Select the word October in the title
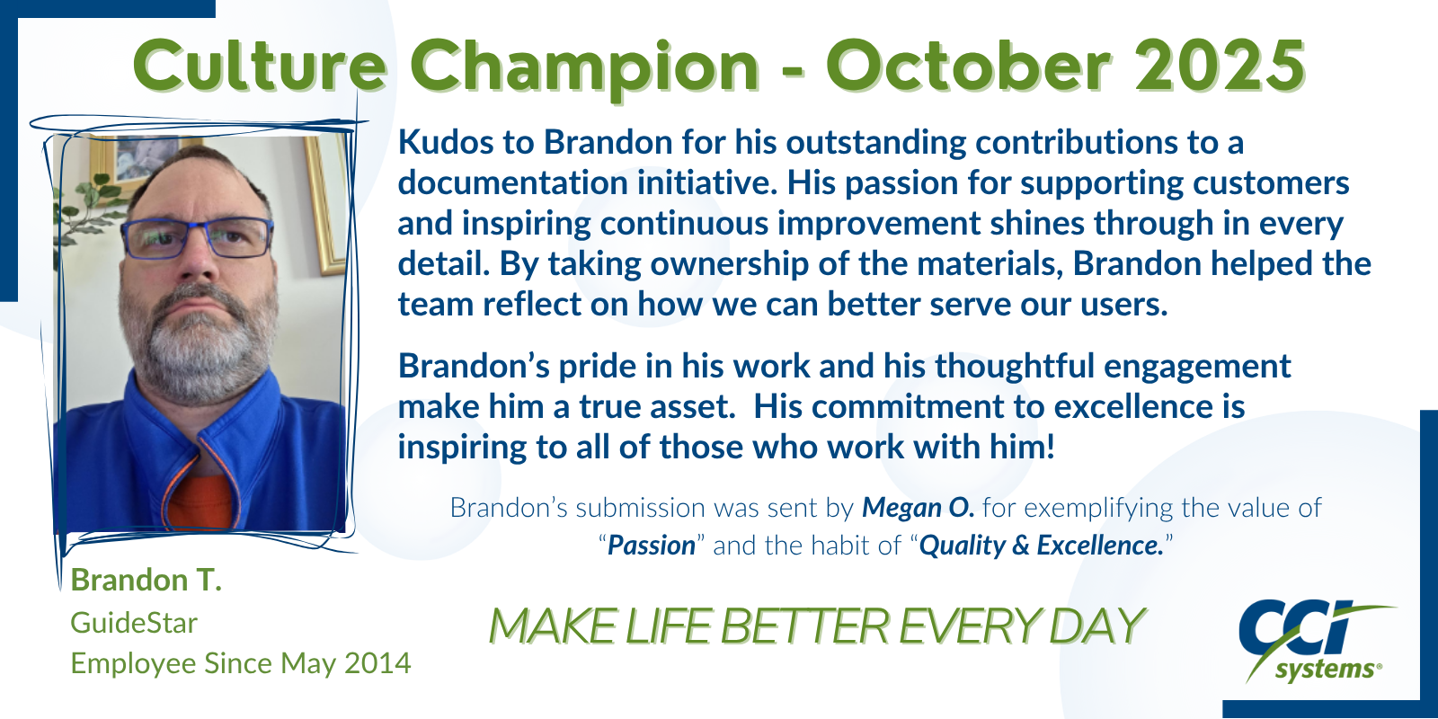[969, 65]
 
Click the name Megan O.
[918, 508]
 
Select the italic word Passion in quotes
[651, 546]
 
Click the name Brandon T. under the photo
[146, 580]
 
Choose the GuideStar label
[134, 623]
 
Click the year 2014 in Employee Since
[377, 663]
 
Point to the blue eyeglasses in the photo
[197, 237]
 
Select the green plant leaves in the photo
[86, 207]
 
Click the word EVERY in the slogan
[970, 626]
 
